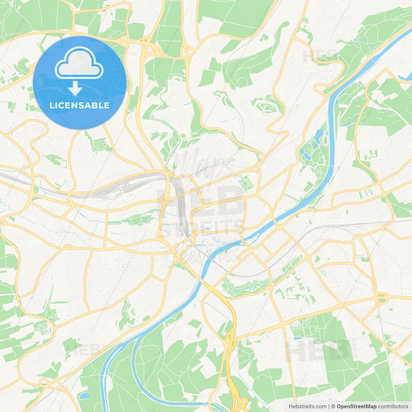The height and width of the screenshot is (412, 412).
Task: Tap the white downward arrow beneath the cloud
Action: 75,89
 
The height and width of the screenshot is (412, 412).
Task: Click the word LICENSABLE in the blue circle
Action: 80,105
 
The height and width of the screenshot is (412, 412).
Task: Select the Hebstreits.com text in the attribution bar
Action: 307,407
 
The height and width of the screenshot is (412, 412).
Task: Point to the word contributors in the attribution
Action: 393,407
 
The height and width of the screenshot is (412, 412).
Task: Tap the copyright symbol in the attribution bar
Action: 333,407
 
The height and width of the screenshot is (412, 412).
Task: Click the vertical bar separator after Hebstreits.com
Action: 329,407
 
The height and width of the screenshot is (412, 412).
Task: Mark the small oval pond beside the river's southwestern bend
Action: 84,395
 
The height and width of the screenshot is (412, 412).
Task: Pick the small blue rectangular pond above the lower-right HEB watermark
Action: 298,339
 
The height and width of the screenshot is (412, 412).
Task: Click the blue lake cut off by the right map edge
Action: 406,77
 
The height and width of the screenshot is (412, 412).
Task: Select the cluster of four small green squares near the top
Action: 264,38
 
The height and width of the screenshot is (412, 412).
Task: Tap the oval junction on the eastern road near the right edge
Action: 382,299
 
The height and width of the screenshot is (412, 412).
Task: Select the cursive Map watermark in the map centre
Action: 200,164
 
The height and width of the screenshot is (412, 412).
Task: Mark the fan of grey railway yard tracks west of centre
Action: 129,187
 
